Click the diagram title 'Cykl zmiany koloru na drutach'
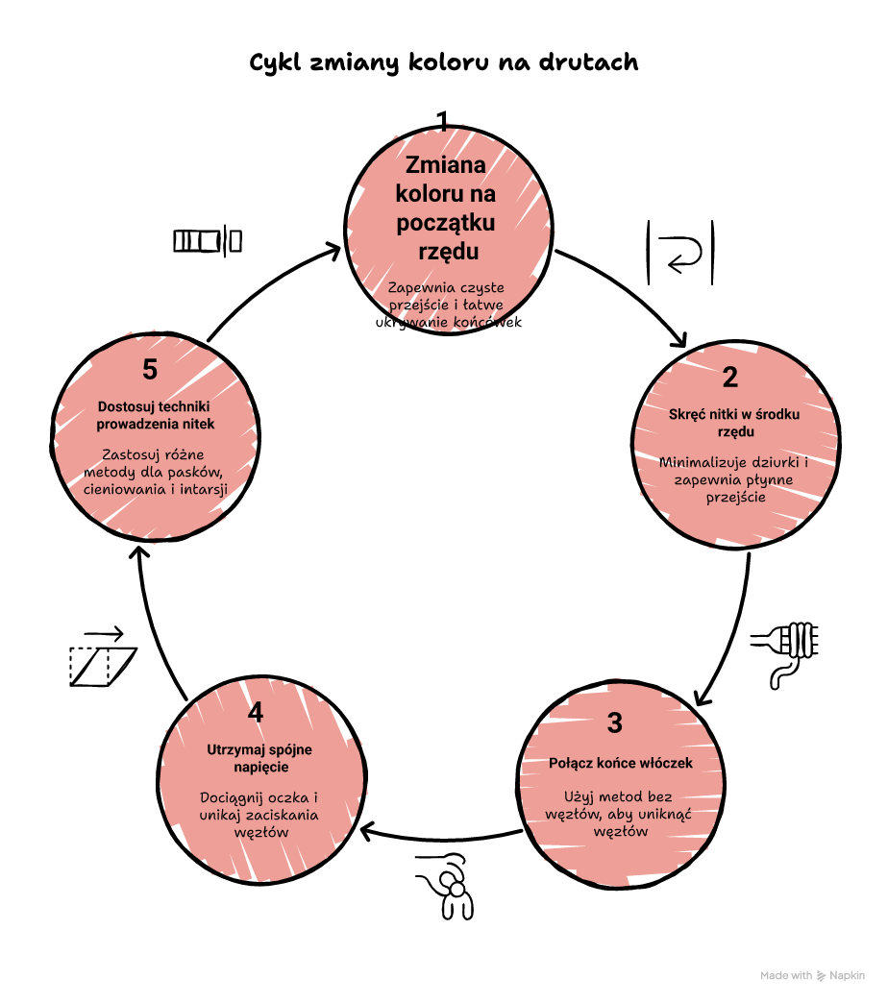(x=443, y=62)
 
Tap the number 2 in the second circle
(x=730, y=378)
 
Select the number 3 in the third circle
(x=614, y=722)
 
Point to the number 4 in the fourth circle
(x=256, y=712)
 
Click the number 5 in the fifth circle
(x=150, y=369)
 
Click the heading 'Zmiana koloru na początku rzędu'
(x=446, y=208)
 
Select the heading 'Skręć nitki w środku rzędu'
(x=734, y=423)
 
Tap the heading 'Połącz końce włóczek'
(x=621, y=763)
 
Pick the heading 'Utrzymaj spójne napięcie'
(x=259, y=758)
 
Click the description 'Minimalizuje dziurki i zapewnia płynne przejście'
(x=734, y=479)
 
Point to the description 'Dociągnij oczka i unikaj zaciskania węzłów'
(x=259, y=815)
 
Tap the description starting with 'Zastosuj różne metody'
(x=156, y=472)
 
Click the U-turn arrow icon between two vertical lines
(x=680, y=253)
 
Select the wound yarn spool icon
(x=785, y=653)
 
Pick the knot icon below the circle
(x=448, y=886)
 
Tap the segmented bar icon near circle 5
(x=208, y=240)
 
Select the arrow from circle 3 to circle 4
(x=441, y=839)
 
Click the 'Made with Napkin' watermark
(x=812, y=975)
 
